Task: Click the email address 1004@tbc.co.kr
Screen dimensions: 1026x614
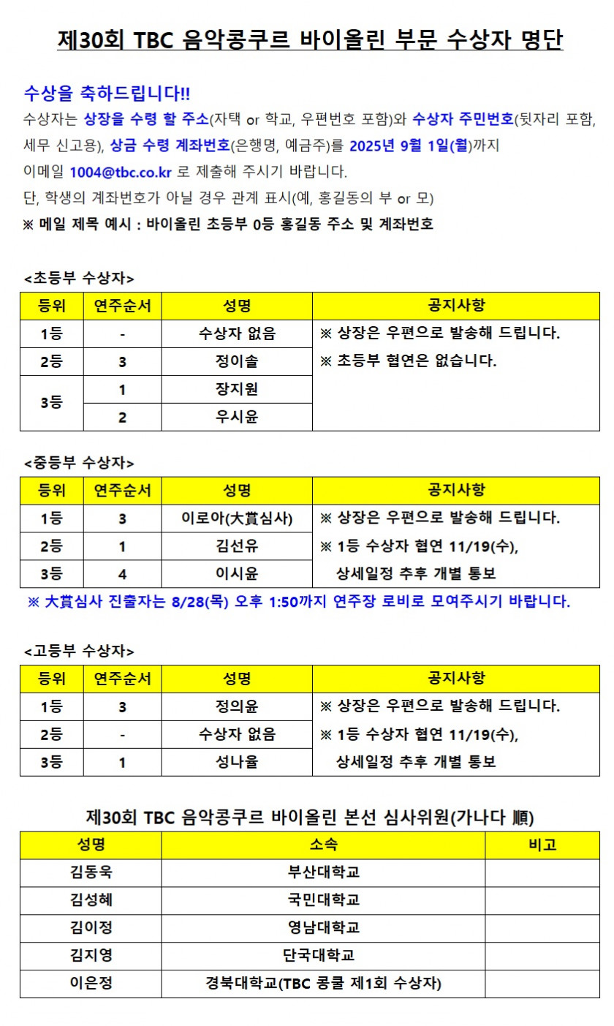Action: (x=120, y=173)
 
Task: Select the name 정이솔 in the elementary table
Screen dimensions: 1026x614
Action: (x=237, y=361)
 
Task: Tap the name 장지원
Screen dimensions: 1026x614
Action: (x=237, y=389)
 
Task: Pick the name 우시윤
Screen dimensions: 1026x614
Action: (x=237, y=417)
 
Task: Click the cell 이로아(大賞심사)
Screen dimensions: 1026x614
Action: (x=237, y=518)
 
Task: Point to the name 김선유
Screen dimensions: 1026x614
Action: (x=237, y=546)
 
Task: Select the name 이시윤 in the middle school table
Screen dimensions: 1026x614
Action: (x=237, y=574)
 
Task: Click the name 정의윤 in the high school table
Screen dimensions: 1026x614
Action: (x=237, y=706)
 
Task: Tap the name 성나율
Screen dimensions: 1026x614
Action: (x=237, y=762)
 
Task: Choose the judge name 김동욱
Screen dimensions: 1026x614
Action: (x=91, y=872)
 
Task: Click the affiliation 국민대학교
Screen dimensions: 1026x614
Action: (x=323, y=900)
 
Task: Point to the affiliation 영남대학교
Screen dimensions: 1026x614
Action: (x=323, y=928)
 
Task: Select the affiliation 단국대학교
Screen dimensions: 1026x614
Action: (x=323, y=956)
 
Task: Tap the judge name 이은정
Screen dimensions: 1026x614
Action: (x=91, y=984)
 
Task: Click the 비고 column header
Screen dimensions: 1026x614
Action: (x=542, y=845)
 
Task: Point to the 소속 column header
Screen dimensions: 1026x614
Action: (x=323, y=845)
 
